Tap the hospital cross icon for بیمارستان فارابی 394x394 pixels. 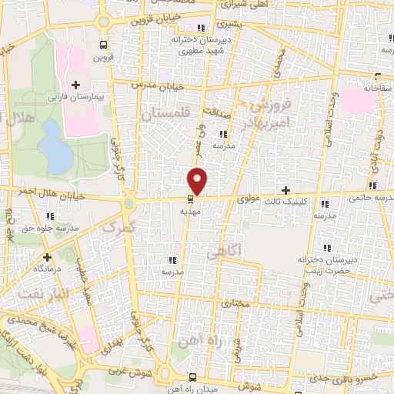point(75,85)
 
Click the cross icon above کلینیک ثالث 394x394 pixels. point(286,189)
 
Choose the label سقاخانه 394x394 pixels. point(378,89)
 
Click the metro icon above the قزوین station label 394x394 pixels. point(104,45)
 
